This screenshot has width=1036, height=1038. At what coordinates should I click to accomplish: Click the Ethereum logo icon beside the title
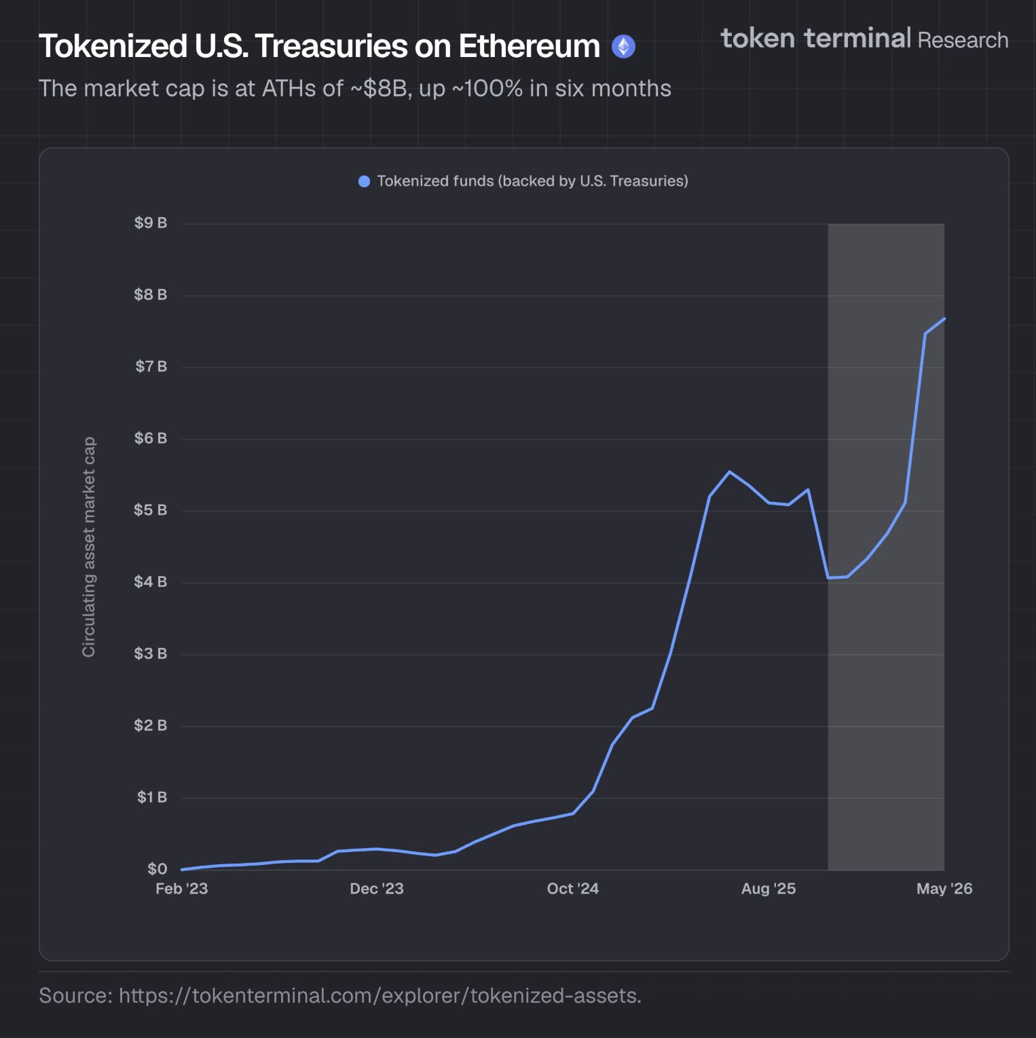(x=623, y=47)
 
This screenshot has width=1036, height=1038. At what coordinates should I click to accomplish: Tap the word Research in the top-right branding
(x=963, y=40)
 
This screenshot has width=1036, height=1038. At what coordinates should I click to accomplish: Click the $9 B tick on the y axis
(x=151, y=223)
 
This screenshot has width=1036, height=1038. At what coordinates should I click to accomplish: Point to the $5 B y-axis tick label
(x=151, y=510)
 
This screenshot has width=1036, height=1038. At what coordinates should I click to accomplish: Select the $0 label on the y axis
(x=158, y=868)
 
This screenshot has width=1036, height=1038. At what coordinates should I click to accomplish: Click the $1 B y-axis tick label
(x=152, y=796)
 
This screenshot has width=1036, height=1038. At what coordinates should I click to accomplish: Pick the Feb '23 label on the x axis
(x=182, y=889)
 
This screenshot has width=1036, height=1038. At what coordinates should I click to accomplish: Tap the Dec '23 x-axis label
(x=377, y=889)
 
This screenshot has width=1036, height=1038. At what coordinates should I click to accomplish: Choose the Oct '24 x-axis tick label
(x=573, y=889)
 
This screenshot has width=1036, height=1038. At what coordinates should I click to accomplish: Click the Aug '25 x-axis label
(x=769, y=889)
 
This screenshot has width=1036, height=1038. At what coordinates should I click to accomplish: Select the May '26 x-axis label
(x=944, y=889)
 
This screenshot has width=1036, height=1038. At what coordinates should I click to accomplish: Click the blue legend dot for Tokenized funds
(x=364, y=181)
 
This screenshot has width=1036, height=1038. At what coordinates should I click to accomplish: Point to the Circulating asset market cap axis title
(x=89, y=547)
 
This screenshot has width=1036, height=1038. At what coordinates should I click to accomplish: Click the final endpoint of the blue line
(x=944, y=318)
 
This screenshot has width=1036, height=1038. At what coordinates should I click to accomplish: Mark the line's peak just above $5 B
(x=729, y=472)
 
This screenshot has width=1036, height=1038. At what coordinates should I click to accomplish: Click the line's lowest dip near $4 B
(x=828, y=578)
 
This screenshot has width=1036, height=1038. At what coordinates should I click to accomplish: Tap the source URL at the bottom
(x=380, y=995)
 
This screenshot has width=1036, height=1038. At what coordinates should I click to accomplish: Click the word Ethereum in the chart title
(x=529, y=46)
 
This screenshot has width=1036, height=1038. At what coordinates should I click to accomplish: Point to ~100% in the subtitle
(x=487, y=89)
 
